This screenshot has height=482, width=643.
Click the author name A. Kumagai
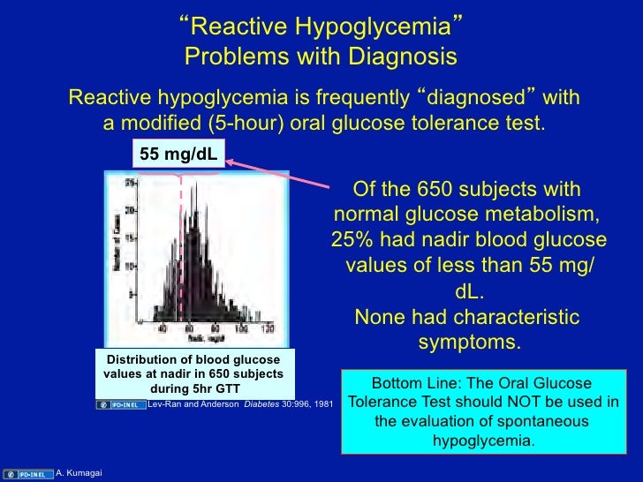tap(79, 473)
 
